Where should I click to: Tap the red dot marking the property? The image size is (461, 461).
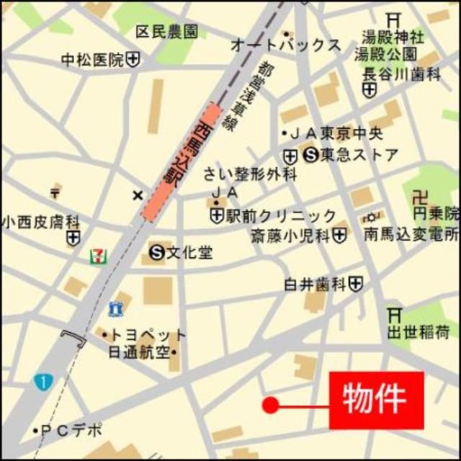270,406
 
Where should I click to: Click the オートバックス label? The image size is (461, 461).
285,45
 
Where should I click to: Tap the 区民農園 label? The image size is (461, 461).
167,32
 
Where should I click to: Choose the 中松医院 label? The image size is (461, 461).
91,61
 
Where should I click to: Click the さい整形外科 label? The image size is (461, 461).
249,174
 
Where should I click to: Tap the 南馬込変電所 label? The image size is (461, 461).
411,234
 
